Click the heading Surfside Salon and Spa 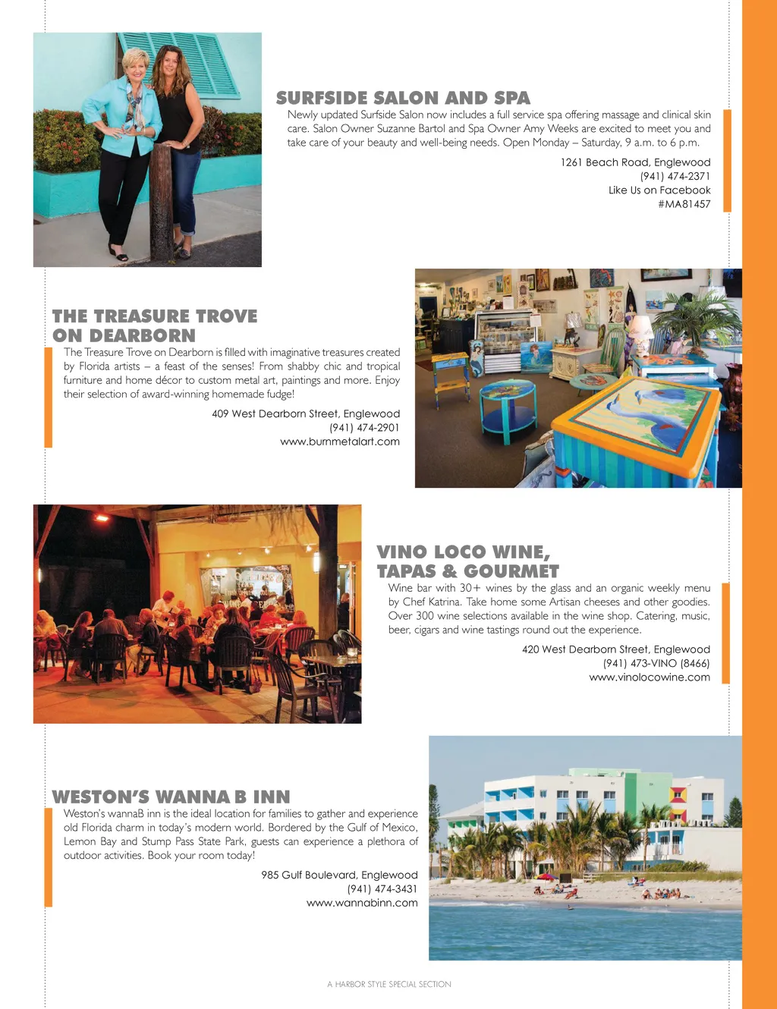[x=403, y=98]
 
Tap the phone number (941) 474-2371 [x=675, y=176]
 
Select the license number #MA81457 [x=684, y=204]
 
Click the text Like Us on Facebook [x=659, y=190]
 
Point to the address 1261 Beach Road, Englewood [x=635, y=162]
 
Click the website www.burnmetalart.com [x=339, y=442]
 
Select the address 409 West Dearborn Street [x=305, y=413]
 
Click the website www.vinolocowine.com [x=650, y=677]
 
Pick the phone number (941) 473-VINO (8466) [x=656, y=663]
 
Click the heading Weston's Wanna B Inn [x=171, y=797]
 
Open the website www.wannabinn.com [x=362, y=903]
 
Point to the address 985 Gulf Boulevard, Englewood [x=339, y=875]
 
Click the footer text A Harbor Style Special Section [x=389, y=985]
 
